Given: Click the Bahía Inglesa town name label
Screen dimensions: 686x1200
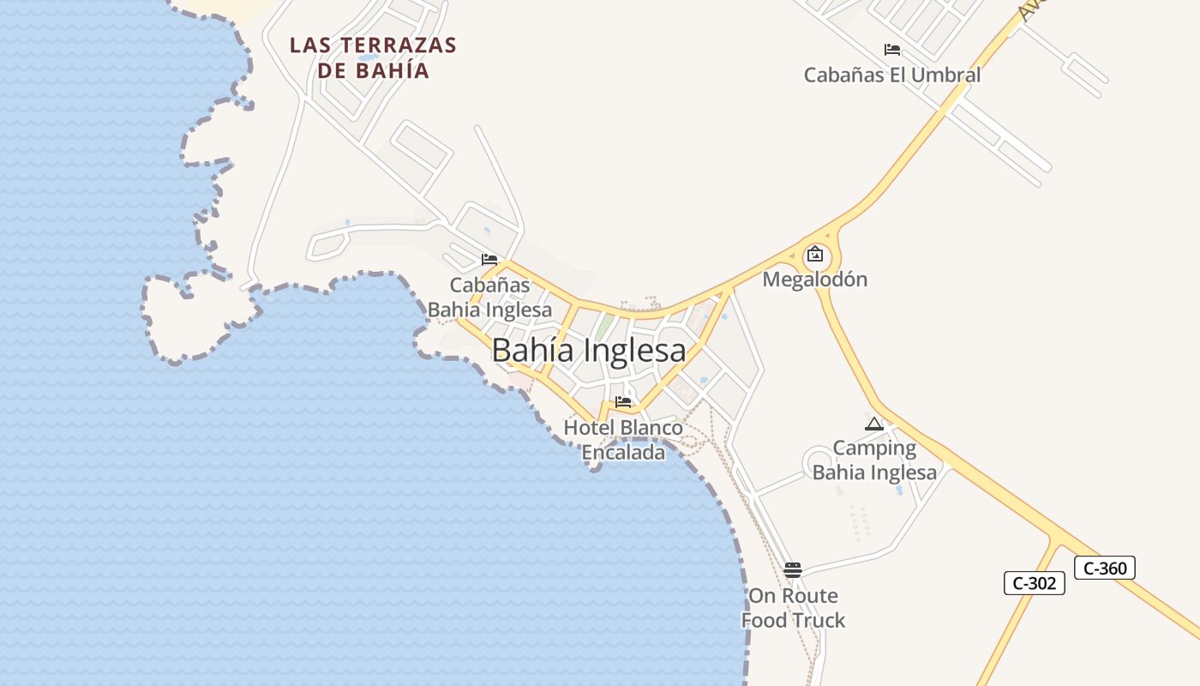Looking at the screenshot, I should click(589, 350).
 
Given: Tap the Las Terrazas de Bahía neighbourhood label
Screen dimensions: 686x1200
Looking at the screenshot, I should click(373, 57).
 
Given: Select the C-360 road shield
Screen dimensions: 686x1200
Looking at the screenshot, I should click(1104, 568).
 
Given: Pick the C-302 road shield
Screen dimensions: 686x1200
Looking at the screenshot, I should click(1034, 583).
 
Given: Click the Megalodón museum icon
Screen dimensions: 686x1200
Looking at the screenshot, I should click(814, 254).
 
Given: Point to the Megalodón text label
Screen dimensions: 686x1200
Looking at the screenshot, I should click(814, 280).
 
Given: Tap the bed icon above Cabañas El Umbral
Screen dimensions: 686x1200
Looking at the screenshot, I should click(891, 50).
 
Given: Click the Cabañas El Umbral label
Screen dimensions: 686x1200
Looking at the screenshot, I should click(891, 75).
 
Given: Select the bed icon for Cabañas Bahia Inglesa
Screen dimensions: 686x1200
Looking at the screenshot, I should click(489, 259).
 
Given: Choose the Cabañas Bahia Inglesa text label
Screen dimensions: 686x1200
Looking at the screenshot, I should click(489, 298).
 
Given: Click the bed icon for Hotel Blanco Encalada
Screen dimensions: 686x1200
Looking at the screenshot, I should click(623, 401).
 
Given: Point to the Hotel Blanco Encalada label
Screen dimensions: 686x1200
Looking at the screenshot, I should click(623, 440).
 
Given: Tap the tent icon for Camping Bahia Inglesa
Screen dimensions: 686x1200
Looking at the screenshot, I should click(874, 424).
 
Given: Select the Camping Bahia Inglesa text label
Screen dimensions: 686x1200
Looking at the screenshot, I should click(874, 460).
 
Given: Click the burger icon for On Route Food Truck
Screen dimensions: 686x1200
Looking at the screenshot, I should click(793, 570).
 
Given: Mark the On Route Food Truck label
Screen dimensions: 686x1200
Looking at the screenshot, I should click(793, 608).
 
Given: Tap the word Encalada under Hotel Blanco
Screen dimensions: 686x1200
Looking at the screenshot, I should click(623, 453).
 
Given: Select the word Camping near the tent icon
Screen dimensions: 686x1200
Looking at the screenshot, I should click(874, 448).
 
